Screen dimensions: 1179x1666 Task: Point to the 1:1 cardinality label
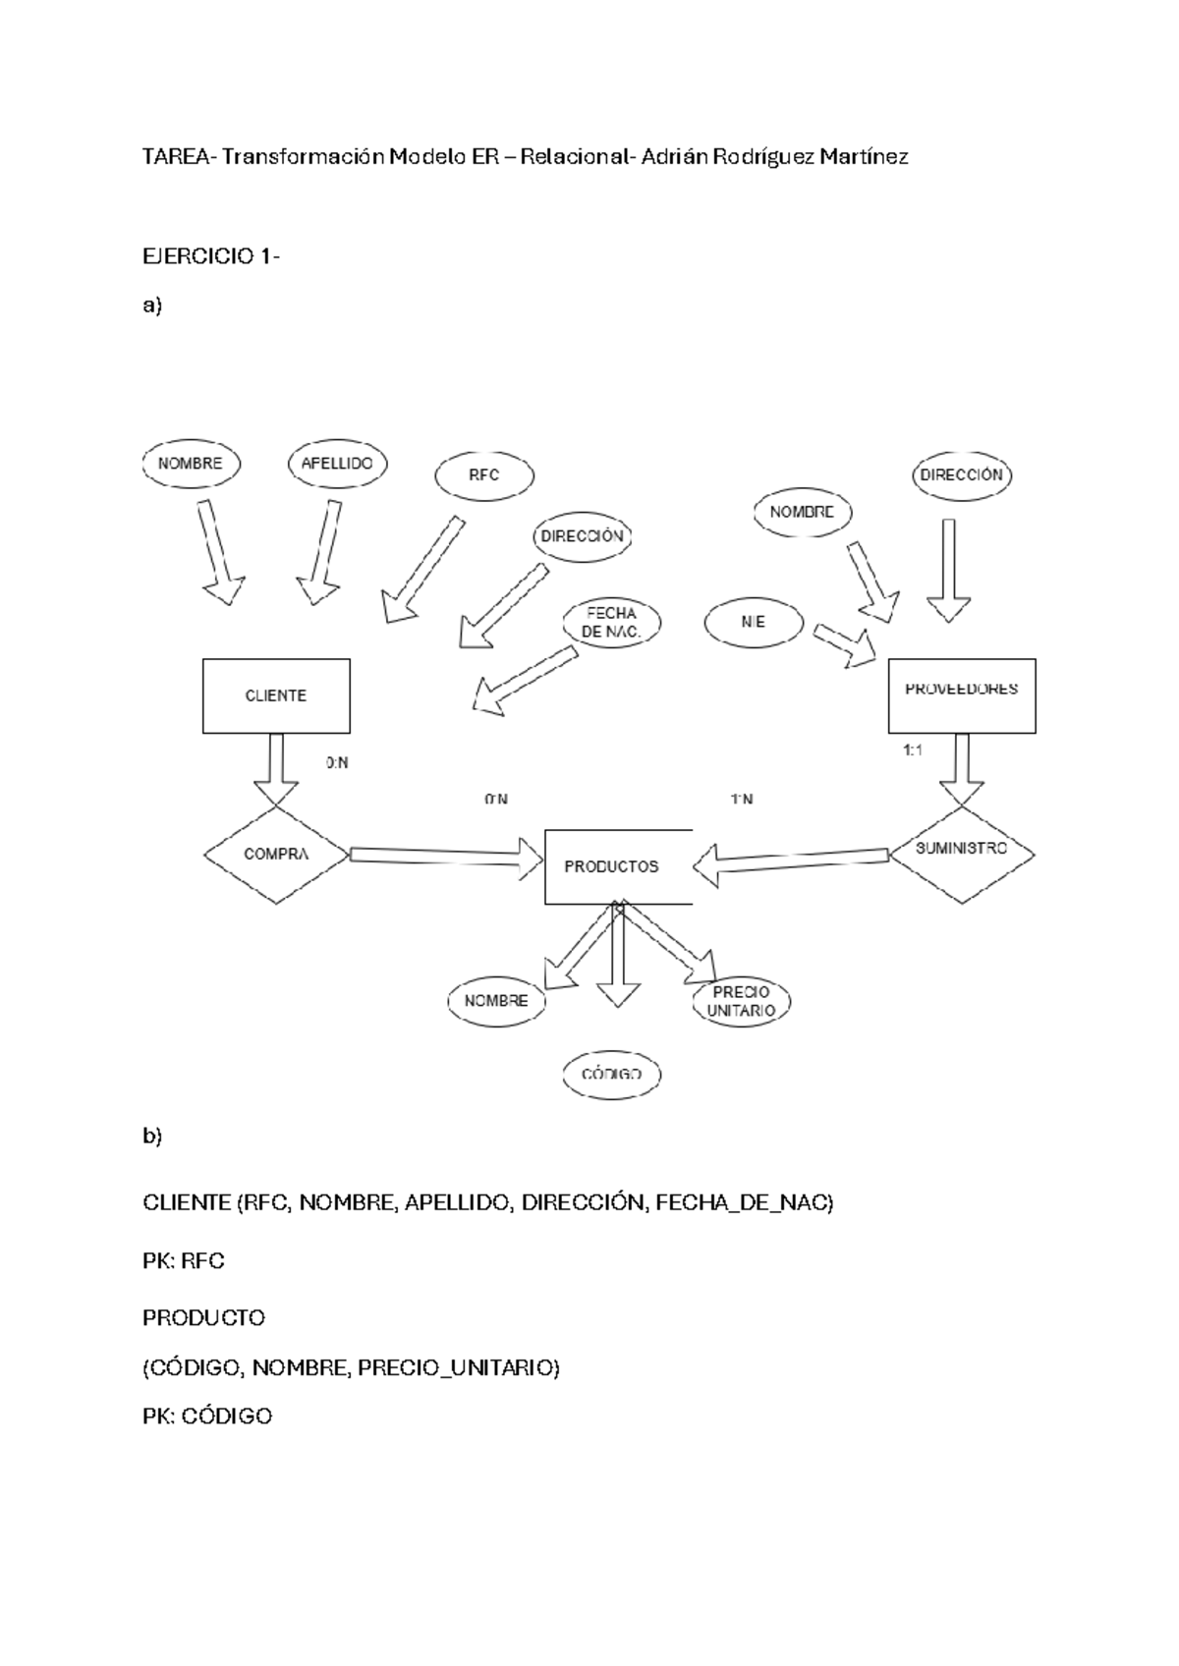click(x=913, y=750)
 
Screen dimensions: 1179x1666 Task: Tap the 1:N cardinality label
click(x=743, y=800)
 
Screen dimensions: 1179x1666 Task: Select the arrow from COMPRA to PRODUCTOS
click(x=446, y=856)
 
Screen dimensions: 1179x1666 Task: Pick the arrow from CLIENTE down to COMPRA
click(x=276, y=769)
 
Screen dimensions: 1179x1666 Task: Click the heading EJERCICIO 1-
click(x=211, y=256)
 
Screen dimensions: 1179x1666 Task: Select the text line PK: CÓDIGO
click(x=207, y=1415)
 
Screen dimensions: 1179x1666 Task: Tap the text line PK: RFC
click(x=184, y=1260)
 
